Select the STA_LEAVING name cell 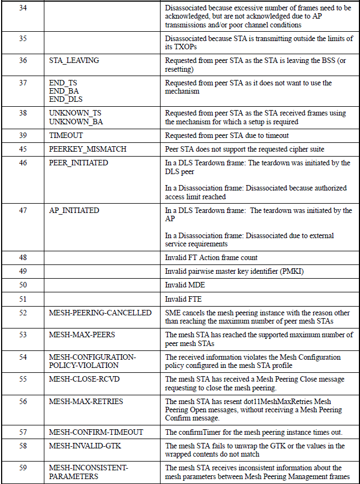coord(74,60)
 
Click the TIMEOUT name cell coord(66,135)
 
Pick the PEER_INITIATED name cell coord(78,163)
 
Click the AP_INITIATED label coord(74,210)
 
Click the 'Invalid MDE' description coord(185,285)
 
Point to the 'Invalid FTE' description coord(184,299)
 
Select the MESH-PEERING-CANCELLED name coord(100,313)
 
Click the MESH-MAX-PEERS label coord(82,335)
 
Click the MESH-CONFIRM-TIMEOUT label coord(96,432)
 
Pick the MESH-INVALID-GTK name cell coord(85,446)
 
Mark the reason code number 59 coord(23,468)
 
